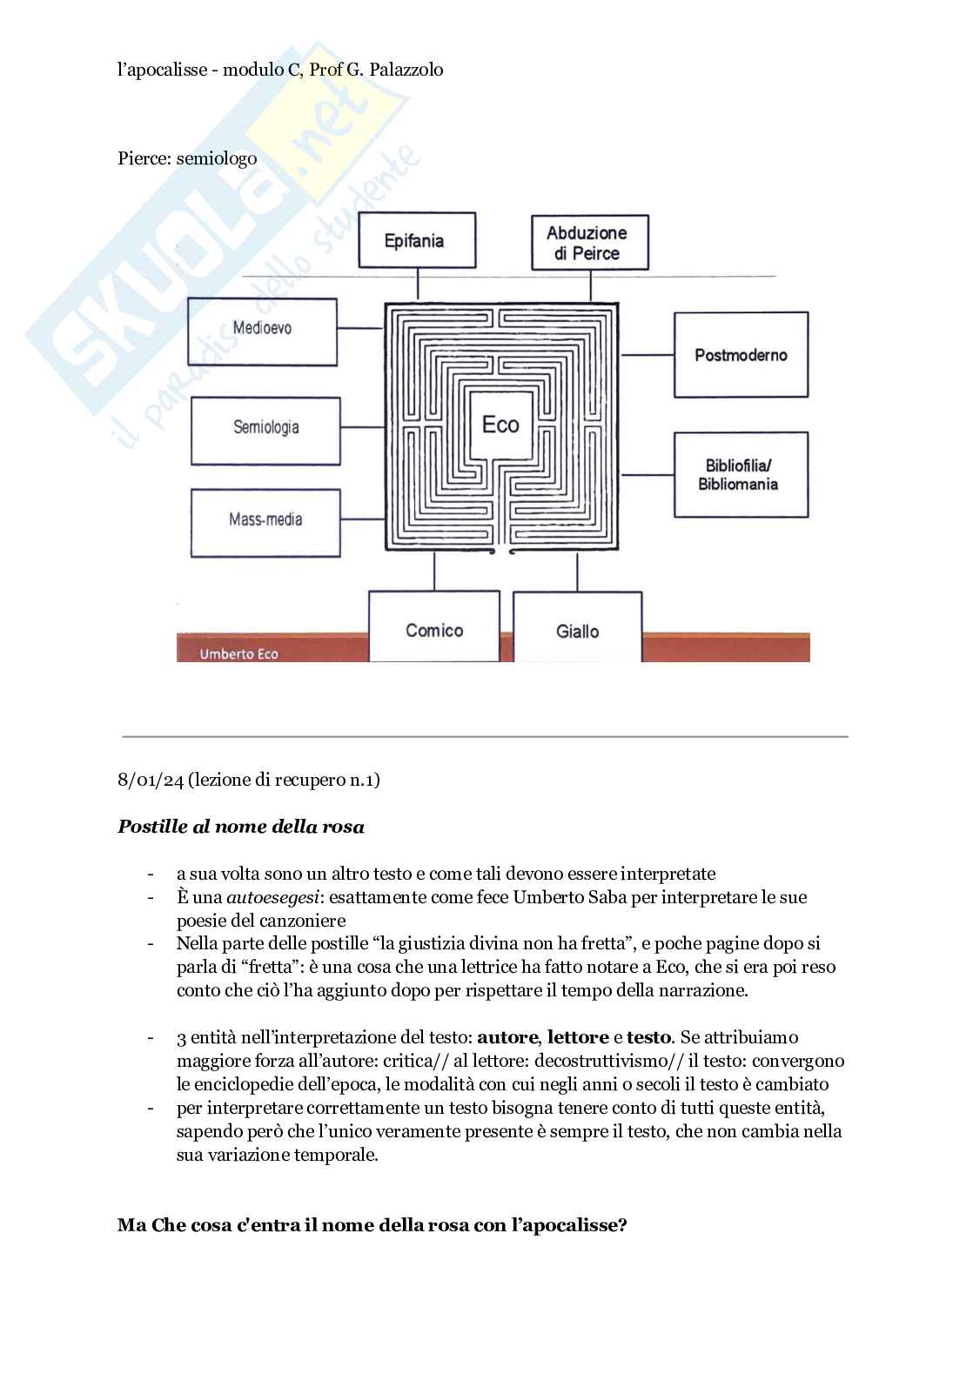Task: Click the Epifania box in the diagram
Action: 417,240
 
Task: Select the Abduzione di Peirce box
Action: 590,243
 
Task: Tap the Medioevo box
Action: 262,331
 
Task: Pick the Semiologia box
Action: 265,430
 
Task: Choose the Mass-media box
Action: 265,522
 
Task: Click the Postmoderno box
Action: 741,355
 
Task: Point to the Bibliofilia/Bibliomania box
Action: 741,475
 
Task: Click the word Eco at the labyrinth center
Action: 500,425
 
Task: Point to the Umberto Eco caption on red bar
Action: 238,654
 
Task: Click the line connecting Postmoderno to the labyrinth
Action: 647,355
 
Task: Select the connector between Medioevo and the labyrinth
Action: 360,329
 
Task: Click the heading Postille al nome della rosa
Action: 241,827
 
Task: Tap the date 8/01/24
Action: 151,780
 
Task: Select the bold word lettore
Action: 578,1037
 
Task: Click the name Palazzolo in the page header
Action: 406,70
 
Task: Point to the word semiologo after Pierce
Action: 216,158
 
